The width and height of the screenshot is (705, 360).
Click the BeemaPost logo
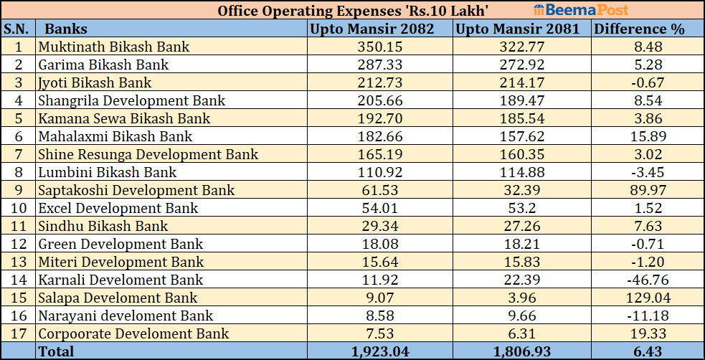point(581,10)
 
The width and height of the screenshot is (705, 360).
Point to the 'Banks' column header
point(65,29)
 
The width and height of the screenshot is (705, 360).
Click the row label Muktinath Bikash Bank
point(113,47)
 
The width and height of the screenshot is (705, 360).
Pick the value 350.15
point(380,47)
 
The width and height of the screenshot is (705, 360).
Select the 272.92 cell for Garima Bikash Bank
point(522,65)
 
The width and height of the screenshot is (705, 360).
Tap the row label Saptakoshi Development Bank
point(136,191)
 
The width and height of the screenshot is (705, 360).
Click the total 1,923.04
point(380,351)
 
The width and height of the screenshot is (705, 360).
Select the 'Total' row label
point(56,351)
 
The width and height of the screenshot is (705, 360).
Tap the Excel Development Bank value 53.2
point(522,209)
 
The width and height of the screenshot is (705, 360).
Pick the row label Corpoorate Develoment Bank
point(133,334)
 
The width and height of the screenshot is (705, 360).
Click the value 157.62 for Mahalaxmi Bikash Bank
point(522,137)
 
